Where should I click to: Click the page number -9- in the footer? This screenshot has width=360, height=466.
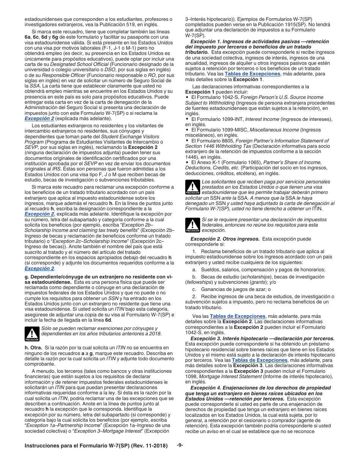[x=180, y=445]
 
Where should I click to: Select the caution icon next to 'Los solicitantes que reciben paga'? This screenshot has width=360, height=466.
[x=193, y=187]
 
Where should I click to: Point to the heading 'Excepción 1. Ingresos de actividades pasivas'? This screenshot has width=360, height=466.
[x=259, y=42]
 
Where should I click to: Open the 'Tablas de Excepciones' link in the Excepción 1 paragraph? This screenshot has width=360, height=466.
[x=252, y=74]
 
